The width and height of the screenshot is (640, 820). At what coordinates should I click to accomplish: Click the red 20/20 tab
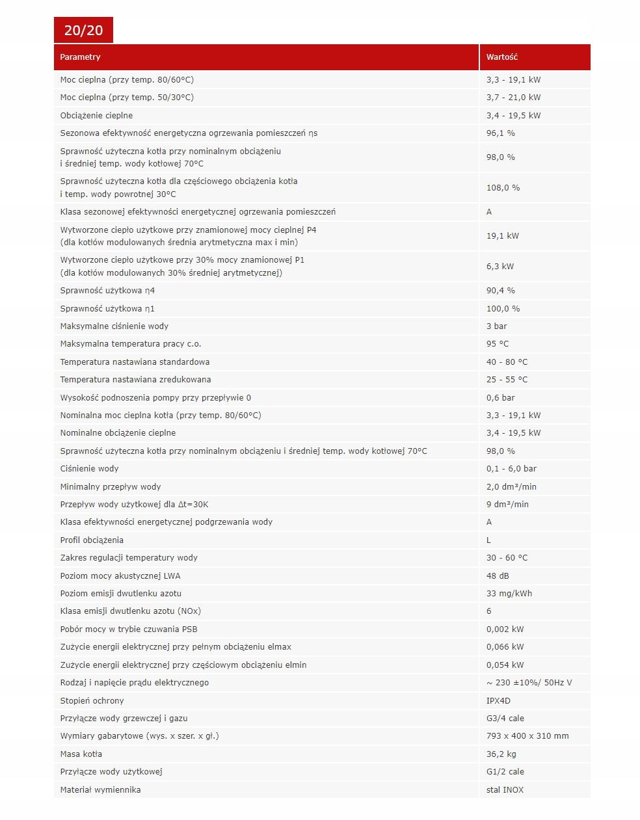(x=83, y=31)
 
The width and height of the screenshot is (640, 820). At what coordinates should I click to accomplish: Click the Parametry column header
(x=81, y=57)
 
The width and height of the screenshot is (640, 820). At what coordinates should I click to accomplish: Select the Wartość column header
(x=502, y=57)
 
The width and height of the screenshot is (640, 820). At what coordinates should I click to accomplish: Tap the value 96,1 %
(x=501, y=133)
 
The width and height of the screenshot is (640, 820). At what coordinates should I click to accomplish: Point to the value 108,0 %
(x=503, y=188)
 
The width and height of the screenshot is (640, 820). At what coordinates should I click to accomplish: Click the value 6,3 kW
(x=500, y=267)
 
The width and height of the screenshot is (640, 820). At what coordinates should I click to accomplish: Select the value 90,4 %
(x=501, y=291)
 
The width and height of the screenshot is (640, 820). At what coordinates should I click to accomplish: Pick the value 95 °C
(x=498, y=344)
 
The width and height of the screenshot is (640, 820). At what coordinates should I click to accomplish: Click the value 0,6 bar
(x=500, y=398)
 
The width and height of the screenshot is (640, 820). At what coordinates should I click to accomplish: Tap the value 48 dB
(x=498, y=576)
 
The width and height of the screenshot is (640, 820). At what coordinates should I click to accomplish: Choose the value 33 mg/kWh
(x=509, y=594)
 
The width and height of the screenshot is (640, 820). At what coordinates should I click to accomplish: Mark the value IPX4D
(x=499, y=701)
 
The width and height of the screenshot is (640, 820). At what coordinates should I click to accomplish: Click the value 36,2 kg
(x=501, y=754)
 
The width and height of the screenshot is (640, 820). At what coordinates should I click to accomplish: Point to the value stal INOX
(x=505, y=790)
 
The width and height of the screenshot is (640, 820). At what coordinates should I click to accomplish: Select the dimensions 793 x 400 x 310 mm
(x=527, y=736)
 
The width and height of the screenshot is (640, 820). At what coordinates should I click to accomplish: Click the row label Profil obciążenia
(x=92, y=540)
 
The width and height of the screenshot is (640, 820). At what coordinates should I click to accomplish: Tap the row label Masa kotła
(x=81, y=754)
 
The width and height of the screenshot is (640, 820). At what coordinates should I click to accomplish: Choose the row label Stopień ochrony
(x=92, y=701)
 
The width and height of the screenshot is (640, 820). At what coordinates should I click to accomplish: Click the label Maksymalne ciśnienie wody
(x=114, y=326)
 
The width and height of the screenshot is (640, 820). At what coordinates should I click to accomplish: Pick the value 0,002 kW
(x=505, y=629)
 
